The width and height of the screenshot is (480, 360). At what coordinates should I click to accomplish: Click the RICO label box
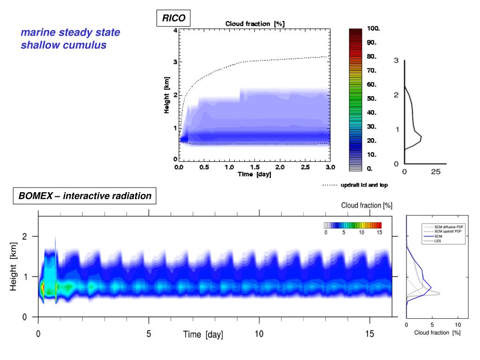click(x=174, y=18)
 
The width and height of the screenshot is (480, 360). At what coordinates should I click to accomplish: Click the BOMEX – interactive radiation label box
click(x=85, y=196)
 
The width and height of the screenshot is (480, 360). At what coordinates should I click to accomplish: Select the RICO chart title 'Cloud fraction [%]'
click(x=255, y=23)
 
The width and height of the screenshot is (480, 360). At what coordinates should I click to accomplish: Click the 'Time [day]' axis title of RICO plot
click(x=254, y=174)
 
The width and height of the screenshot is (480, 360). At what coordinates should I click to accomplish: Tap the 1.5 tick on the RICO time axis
click(x=254, y=167)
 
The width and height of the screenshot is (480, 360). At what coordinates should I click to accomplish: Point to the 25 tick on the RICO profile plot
click(x=435, y=172)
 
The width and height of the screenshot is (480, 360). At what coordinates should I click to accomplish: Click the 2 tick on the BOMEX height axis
click(x=29, y=236)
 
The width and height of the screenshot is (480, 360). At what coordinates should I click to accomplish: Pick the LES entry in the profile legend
click(x=438, y=241)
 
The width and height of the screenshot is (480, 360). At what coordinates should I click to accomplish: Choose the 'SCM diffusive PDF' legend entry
click(x=448, y=227)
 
